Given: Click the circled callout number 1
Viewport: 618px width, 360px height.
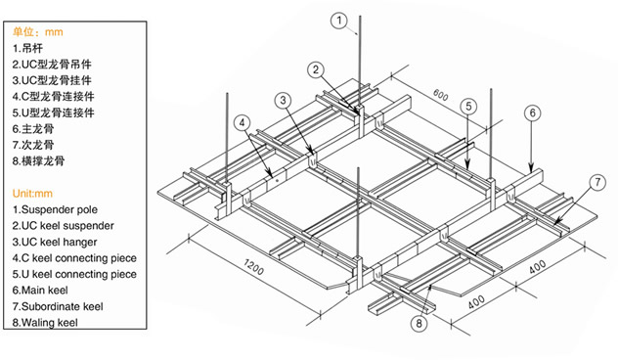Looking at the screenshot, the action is point(339,21).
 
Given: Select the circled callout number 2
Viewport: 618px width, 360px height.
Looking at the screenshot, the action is point(316,70).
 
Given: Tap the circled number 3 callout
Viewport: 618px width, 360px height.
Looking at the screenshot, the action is point(283,101).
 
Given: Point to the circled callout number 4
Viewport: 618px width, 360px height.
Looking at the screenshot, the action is point(242,122).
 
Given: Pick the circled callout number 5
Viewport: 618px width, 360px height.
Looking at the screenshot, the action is point(468,106).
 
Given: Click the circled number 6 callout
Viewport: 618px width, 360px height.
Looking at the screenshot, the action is point(533,113).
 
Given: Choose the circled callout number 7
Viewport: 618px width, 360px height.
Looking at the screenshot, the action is point(597,182).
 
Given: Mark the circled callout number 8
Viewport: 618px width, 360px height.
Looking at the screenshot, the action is point(419,324).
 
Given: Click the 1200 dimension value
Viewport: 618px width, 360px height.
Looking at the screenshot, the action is point(253,267).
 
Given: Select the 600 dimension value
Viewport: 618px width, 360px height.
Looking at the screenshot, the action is point(440,95).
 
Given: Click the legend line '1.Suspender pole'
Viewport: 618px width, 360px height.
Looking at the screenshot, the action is point(55,209).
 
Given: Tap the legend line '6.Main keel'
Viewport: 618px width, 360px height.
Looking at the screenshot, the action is point(40,291).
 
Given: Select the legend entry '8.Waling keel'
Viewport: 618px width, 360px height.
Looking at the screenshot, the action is point(45,323).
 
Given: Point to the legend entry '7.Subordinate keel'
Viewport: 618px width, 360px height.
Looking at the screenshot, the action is point(58,306).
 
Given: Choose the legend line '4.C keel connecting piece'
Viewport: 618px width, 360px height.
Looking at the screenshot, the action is point(74,258).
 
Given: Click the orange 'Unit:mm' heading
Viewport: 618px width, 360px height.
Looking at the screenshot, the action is point(32,194).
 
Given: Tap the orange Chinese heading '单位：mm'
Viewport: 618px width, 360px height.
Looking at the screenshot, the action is point(37,32).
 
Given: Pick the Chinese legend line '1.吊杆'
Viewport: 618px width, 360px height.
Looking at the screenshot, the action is point(27,48).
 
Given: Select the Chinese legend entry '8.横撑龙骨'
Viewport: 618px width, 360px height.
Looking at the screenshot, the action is point(38,160).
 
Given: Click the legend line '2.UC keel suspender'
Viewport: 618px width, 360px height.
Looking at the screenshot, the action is point(63,226).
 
